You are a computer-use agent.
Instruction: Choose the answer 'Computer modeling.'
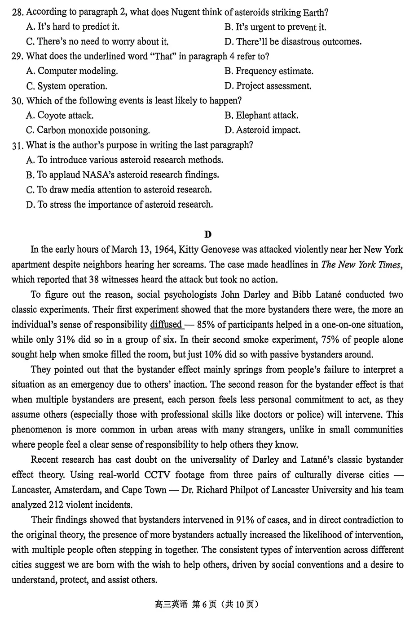[72, 71]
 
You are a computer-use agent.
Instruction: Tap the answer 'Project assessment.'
[268, 86]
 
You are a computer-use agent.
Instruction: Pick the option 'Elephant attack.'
[261, 116]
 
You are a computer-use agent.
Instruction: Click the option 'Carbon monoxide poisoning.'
[88, 130]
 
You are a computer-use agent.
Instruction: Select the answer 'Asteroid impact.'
[263, 130]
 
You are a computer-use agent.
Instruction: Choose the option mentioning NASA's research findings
[123, 175]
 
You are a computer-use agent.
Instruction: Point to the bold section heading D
[207, 234]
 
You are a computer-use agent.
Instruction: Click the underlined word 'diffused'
[166, 325]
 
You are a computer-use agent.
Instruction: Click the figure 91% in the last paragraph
[245, 520]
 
